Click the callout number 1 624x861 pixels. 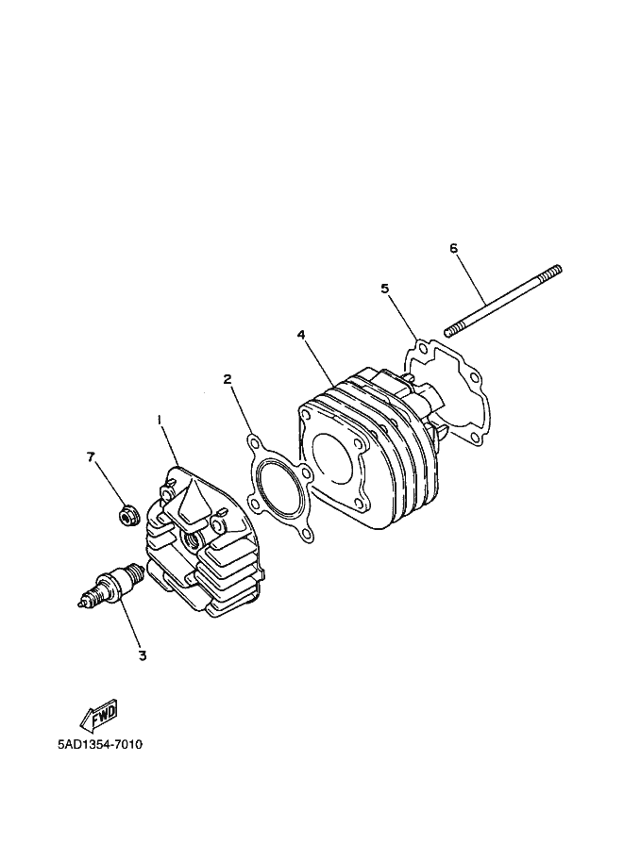point(160,420)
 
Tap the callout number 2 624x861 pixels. point(228,378)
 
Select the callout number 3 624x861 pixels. point(143,655)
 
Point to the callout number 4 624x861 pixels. point(301,335)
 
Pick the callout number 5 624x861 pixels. point(385,289)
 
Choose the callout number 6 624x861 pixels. point(453,248)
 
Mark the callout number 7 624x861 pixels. point(91,456)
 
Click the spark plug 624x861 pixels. point(111,587)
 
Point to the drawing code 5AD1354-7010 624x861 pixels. point(100,745)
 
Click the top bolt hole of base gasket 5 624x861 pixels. point(421,350)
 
